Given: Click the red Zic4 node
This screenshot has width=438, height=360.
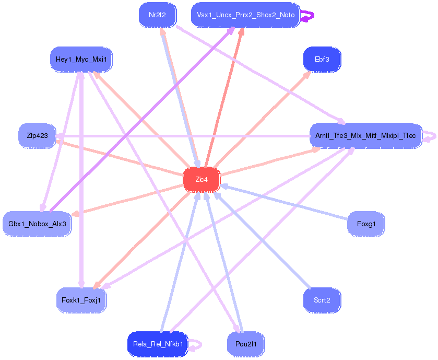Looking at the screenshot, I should [x=202, y=180].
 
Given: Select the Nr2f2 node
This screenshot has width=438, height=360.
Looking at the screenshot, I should [x=157, y=15].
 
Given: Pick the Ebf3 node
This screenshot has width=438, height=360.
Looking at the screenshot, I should [x=322, y=60].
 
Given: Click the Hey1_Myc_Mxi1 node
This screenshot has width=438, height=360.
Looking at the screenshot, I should [x=81, y=60].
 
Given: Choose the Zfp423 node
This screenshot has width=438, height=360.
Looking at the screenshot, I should [x=37, y=136].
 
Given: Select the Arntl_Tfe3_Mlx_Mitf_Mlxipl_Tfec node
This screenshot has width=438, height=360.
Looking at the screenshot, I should [x=365, y=136].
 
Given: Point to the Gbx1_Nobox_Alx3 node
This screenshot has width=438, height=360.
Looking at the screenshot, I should [x=37, y=224].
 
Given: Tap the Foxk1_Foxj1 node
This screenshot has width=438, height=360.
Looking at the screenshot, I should [x=81, y=300].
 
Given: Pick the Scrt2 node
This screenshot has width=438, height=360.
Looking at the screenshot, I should [x=322, y=300].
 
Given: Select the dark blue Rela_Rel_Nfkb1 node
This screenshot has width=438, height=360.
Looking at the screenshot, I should [x=157, y=344].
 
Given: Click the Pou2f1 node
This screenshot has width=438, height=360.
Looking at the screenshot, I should [x=246, y=344].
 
